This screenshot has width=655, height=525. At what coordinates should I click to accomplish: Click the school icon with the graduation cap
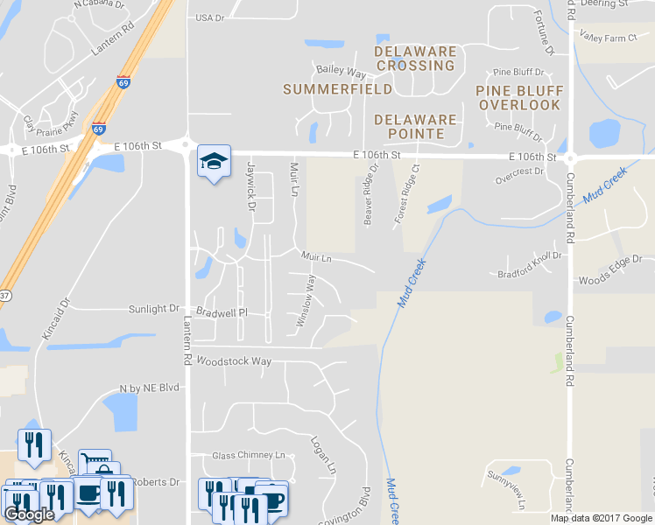214,161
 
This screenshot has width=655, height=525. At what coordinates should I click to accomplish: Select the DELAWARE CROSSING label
415,59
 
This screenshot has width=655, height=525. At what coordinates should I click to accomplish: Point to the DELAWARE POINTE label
415,127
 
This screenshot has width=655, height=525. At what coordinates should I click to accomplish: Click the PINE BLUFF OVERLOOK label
518,98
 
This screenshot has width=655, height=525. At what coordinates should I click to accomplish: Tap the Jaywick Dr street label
250,187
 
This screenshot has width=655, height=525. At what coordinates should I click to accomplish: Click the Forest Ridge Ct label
405,193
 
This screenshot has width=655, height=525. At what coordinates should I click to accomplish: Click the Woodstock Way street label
234,360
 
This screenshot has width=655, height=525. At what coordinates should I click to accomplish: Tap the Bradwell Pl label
222,312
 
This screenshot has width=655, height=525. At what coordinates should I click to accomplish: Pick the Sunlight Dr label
153,309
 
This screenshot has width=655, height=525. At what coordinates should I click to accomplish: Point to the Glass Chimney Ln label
250,455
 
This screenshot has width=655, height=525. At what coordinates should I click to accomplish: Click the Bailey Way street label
341,71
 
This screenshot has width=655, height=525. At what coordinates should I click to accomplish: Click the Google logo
29,514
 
